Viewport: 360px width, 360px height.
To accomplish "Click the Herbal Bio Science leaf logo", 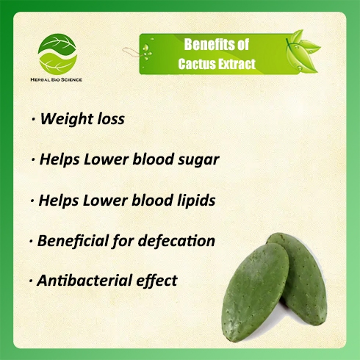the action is coord(57,54).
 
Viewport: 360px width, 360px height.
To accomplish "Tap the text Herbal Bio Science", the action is coord(56,79).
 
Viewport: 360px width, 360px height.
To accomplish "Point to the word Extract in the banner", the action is coord(237,64).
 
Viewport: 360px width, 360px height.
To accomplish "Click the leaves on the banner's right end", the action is coord(303,51).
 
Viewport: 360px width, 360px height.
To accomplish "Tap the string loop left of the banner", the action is coord(132,52).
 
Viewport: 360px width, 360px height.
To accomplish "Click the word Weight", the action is coord(67,119).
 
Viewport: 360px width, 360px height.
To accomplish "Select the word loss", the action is coord(111,119).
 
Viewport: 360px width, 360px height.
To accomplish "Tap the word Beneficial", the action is coord(73,241).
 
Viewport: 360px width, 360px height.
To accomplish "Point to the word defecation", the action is coord(176,241).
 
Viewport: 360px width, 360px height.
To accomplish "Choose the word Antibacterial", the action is coord(84,281).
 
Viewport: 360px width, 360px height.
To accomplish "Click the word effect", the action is coord(156,281).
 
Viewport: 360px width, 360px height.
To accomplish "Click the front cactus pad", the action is coord(255,292).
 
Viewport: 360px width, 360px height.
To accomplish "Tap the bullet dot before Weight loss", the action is coord(33,120).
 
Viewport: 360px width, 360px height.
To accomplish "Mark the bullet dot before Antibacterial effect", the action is coord(31,281).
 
